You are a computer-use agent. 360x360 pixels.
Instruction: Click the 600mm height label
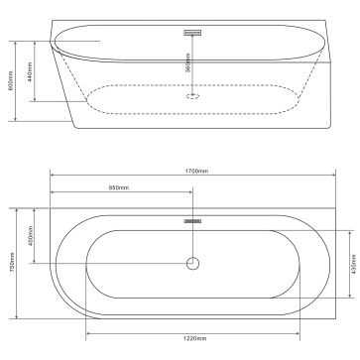pyautogui.click(x=11, y=80)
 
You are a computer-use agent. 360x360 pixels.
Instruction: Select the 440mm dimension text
pyautogui.click(x=30, y=71)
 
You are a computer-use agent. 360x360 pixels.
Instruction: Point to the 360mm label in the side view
pyautogui.click(x=188, y=62)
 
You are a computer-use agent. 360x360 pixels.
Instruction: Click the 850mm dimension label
pyautogui.click(x=119, y=187)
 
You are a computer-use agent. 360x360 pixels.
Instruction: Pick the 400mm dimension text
pyautogui.click(x=31, y=235)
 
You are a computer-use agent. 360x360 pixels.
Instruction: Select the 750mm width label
pyautogui.click(x=12, y=262)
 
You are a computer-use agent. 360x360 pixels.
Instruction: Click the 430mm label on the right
pyautogui.click(x=354, y=264)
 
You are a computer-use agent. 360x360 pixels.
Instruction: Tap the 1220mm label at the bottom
pyautogui.click(x=195, y=338)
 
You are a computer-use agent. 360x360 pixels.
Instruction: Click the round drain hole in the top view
pyautogui.click(x=192, y=264)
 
